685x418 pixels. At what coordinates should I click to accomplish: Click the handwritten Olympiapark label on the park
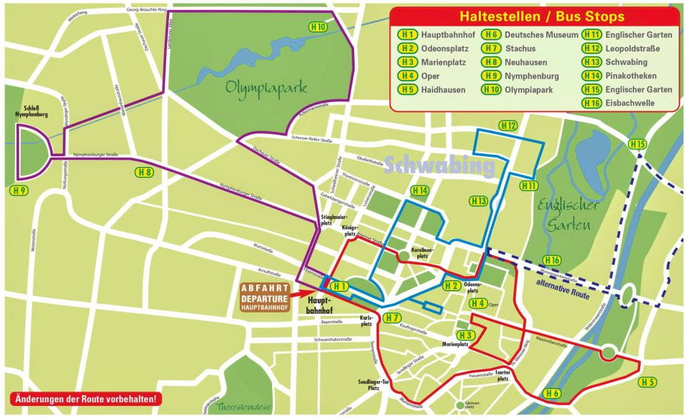coord(266,88)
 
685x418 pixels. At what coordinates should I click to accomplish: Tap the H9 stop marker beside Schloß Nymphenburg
coord(19,190)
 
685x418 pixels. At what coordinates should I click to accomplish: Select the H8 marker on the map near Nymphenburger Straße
coord(144,172)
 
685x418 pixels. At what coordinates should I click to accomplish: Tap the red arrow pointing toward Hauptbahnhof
coord(308,292)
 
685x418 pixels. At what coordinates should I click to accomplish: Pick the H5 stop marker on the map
coord(647,382)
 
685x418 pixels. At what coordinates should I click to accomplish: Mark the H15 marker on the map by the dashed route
coord(637,145)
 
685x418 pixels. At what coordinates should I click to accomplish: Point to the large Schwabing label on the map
coord(440,166)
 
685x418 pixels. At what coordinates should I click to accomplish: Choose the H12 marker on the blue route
coord(508,126)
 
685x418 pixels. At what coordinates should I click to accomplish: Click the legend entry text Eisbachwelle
coord(631,103)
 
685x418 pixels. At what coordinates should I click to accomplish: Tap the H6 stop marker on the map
coord(552,393)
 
